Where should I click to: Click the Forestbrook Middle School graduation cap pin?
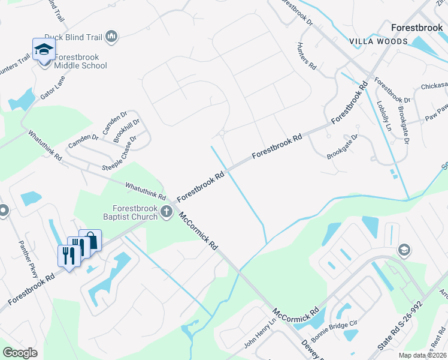coord(44,49)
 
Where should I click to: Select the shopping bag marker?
coord(90,240)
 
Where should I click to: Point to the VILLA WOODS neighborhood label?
coord(379,41)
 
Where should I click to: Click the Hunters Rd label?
coord(306,57)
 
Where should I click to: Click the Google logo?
coord(20,352)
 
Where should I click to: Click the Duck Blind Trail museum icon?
coord(111,37)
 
